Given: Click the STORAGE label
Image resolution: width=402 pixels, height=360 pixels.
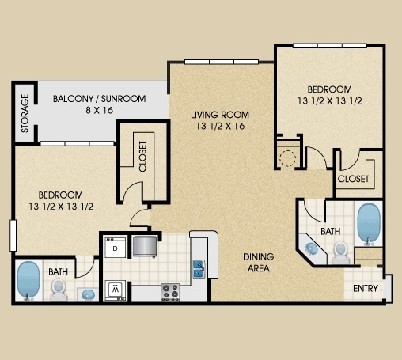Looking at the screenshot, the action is [25, 113].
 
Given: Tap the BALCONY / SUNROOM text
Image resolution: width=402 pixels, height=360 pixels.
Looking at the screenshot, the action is [100, 99].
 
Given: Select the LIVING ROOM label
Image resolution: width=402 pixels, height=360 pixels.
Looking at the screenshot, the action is [220, 115].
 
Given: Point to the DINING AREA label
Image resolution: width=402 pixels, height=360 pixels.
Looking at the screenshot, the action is [259, 263].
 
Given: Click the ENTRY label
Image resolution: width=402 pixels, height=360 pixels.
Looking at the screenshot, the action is [366, 288].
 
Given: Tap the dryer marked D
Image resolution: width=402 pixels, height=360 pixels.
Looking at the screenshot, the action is [116, 248].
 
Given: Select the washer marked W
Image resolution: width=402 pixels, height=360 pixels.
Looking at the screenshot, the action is [116, 290].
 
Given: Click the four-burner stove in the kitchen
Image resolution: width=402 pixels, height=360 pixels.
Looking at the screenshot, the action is [170, 292].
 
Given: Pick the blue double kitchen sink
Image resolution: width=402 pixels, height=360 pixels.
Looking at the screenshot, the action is [199, 269].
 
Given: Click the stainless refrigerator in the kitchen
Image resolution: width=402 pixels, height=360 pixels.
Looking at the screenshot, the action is [145, 246].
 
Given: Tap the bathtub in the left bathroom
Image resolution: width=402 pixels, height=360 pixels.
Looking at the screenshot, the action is [28, 280].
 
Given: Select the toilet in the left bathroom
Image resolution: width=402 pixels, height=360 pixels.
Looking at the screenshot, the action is [59, 290].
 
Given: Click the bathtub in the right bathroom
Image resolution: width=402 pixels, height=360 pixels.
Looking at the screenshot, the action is [369, 224].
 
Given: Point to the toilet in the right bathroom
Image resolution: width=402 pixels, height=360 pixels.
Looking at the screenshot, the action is [341, 252].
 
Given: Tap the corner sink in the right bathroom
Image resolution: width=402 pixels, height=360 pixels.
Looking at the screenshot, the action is [312, 248].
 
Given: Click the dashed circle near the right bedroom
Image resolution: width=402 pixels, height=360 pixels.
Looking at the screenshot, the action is [287, 158].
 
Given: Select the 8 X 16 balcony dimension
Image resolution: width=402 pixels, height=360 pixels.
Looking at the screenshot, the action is [100, 110].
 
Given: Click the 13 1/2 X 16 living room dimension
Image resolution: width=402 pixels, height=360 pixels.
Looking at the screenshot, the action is [220, 126].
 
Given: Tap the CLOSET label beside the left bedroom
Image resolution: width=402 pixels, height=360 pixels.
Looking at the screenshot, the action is [142, 157].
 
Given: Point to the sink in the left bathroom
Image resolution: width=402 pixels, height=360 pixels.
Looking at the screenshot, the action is [88, 295].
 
